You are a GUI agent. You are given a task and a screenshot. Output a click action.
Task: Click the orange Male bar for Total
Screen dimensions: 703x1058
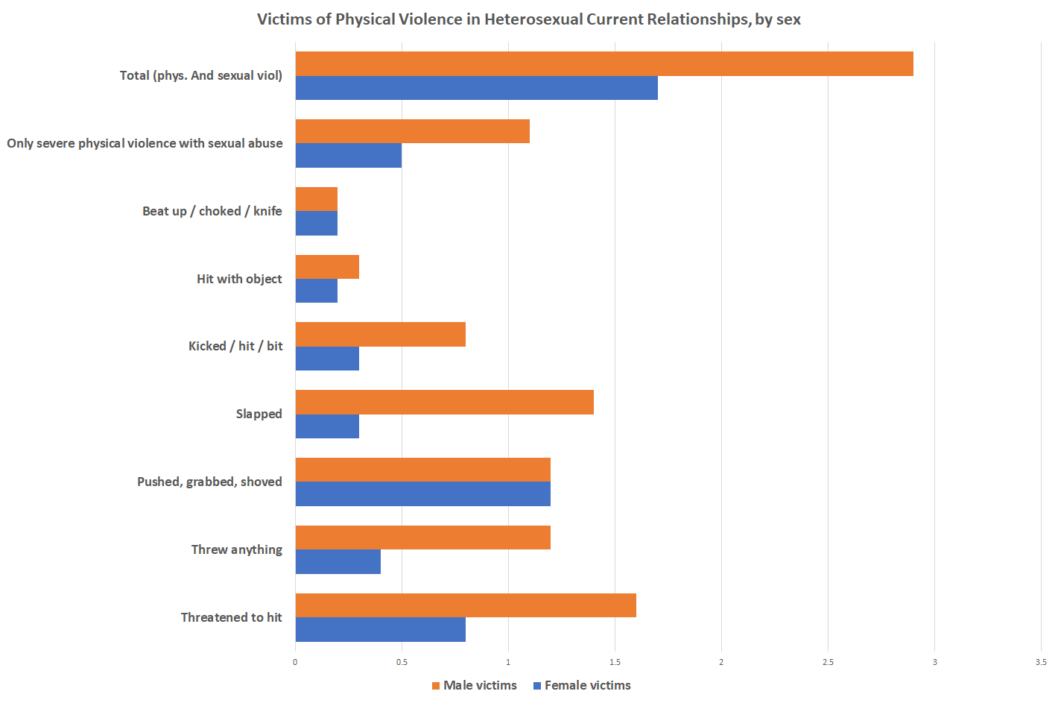pyautogui.click(x=604, y=64)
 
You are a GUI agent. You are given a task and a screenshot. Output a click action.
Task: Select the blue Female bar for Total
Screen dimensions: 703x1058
pyautogui.click(x=477, y=88)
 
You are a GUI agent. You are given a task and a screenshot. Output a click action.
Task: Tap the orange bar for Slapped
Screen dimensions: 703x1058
pyautogui.click(x=445, y=403)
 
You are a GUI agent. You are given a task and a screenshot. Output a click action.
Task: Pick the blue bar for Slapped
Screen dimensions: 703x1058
pyautogui.click(x=327, y=426)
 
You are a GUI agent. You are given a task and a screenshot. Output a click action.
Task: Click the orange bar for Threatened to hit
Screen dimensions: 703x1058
pyautogui.click(x=466, y=605)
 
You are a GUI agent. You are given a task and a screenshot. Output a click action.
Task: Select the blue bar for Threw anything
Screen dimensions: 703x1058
pyautogui.click(x=338, y=562)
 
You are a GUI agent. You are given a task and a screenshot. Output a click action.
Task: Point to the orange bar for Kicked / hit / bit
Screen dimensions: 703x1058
pyautogui.click(x=381, y=335)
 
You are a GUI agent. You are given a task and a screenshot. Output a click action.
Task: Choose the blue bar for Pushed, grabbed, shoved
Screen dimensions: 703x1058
pyautogui.click(x=423, y=494)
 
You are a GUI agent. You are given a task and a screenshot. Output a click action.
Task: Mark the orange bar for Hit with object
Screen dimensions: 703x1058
pyautogui.click(x=327, y=267)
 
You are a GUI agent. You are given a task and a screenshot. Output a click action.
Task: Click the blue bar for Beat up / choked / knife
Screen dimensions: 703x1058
pyautogui.click(x=317, y=224)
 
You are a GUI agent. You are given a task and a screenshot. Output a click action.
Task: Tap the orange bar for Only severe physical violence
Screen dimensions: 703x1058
pyautogui.click(x=413, y=131)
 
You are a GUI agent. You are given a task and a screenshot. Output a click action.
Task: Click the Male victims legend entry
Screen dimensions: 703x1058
pyautogui.click(x=475, y=685)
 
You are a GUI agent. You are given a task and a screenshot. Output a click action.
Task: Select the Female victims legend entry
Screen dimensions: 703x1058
pyautogui.click(x=582, y=685)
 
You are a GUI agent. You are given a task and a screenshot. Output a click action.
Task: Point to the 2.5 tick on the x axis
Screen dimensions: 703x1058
pyautogui.click(x=828, y=662)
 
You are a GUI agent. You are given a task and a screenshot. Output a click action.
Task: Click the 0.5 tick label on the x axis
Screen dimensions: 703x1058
pyautogui.click(x=402, y=662)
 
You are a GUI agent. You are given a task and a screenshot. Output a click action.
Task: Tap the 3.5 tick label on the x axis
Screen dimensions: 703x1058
pyautogui.click(x=1041, y=662)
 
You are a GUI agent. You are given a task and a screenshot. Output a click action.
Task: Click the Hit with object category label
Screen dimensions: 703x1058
pyautogui.click(x=239, y=279)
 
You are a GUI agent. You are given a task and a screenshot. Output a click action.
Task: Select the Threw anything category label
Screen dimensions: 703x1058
pyautogui.click(x=236, y=549)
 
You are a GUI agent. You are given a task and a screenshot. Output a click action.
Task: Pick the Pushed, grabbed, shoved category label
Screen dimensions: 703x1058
pyautogui.click(x=209, y=482)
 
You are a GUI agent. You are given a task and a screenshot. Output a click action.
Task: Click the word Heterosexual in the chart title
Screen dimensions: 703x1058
pyautogui.click(x=532, y=19)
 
